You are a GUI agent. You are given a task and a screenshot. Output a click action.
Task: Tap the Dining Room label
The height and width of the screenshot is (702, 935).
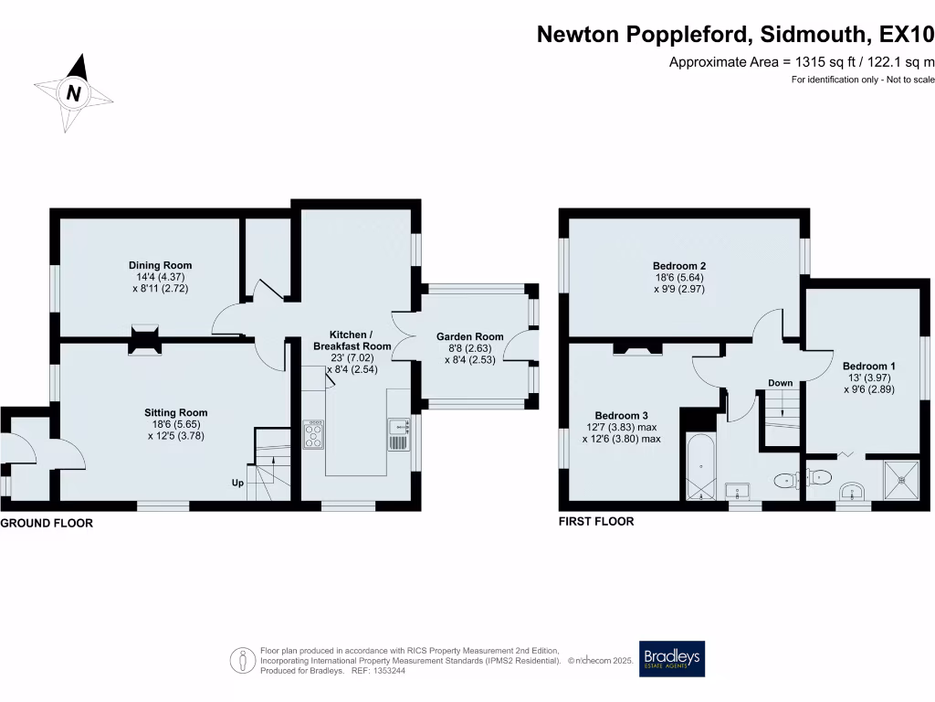tap(160, 266)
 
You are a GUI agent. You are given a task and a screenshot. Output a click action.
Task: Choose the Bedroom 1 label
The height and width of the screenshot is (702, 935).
tap(868, 367)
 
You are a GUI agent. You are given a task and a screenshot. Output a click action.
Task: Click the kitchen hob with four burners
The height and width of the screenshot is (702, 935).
tap(313, 434)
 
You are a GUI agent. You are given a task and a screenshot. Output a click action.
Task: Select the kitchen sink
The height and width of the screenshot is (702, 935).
tap(398, 433)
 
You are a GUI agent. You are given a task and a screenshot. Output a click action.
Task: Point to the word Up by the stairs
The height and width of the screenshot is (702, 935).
tap(236, 482)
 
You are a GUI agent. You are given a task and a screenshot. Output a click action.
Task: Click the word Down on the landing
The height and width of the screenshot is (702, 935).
tap(780, 383)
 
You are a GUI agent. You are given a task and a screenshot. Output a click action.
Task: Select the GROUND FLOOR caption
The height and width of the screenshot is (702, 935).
tap(47, 524)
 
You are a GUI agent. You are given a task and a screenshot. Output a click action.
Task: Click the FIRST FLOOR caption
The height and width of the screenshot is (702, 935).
tap(596, 522)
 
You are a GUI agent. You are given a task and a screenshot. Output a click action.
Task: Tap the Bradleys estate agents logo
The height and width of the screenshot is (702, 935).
tap(672, 658)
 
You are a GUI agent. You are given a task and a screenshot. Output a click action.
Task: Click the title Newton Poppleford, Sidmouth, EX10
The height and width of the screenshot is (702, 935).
tap(735, 35)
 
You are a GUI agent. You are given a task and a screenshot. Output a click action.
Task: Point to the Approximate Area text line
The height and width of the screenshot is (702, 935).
tap(802, 62)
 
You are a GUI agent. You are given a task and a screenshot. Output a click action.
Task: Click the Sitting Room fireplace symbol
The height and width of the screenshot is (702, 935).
tap(142, 339)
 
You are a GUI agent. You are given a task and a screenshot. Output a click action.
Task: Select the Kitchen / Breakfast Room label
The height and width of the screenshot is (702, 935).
tap(352, 341)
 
